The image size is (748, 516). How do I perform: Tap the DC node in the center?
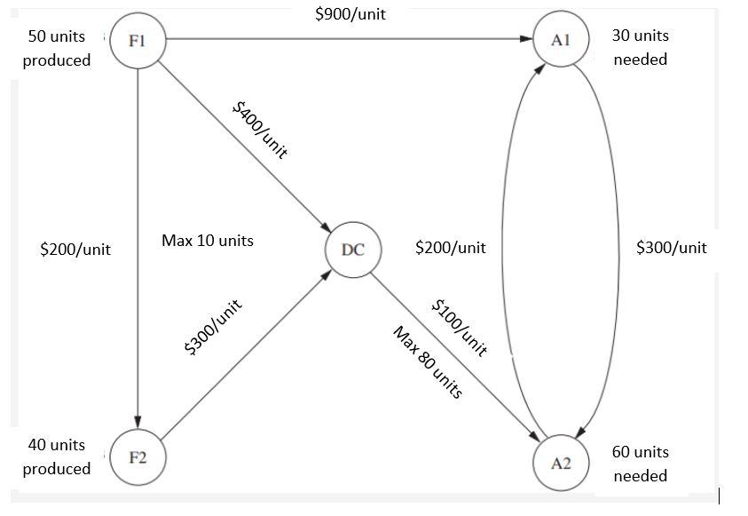(x=353, y=250)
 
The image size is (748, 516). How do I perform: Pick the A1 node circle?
(x=560, y=40)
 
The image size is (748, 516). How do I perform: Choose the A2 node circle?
(x=560, y=461)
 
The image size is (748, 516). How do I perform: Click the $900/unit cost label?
(x=350, y=14)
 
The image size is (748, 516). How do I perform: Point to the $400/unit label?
(x=260, y=129)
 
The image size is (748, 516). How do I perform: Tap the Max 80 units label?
(x=428, y=361)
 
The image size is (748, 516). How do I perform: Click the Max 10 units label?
(x=208, y=241)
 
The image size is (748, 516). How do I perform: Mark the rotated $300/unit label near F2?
(x=213, y=329)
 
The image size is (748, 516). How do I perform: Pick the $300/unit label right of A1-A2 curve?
(x=671, y=248)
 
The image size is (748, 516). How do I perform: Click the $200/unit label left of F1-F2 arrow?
(x=75, y=250)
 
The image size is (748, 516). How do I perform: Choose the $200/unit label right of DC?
(x=450, y=248)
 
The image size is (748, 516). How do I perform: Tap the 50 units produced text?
(x=57, y=48)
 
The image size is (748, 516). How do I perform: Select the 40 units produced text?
(x=57, y=456)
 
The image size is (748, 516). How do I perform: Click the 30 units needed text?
(x=640, y=47)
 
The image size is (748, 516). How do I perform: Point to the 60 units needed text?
(x=640, y=464)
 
